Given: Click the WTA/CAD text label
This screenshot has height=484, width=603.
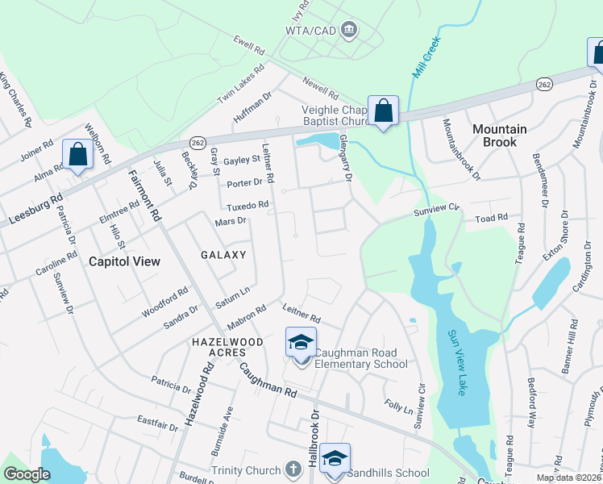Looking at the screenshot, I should (310, 31).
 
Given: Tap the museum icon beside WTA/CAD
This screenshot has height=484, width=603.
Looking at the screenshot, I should (349, 31).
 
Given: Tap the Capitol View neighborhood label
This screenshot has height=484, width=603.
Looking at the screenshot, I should (124, 261).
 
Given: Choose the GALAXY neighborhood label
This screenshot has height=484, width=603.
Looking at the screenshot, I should (223, 254).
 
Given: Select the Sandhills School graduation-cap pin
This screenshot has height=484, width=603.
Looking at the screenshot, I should (335, 458).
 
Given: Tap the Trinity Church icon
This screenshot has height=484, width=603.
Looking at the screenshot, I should (294, 470).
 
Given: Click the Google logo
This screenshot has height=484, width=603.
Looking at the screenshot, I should (27, 474).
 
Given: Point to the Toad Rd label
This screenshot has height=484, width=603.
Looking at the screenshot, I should (491, 218).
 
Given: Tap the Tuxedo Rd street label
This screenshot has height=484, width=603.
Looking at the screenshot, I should (247, 206).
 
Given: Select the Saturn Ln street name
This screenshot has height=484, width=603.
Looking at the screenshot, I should (233, 294).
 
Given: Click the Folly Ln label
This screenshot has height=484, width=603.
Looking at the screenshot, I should (397, 405).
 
